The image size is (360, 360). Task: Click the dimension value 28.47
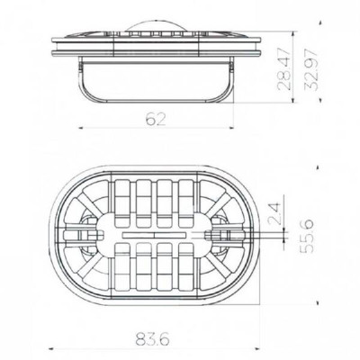[283, 68]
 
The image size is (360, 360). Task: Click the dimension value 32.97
[310, 69]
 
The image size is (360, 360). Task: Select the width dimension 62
[156, 120]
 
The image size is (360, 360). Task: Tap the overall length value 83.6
[152, 339]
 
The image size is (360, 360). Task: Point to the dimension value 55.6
[307, 236]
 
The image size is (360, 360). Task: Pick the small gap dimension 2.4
[274, 214]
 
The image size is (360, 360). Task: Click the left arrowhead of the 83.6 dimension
[51, 349]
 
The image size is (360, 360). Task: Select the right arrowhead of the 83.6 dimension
[256, 349]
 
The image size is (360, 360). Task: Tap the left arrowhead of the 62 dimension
[81, 128]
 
